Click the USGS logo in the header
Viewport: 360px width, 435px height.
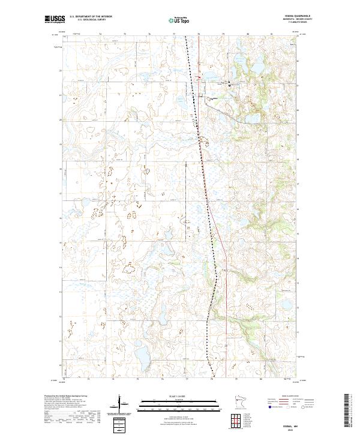[55, 19]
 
